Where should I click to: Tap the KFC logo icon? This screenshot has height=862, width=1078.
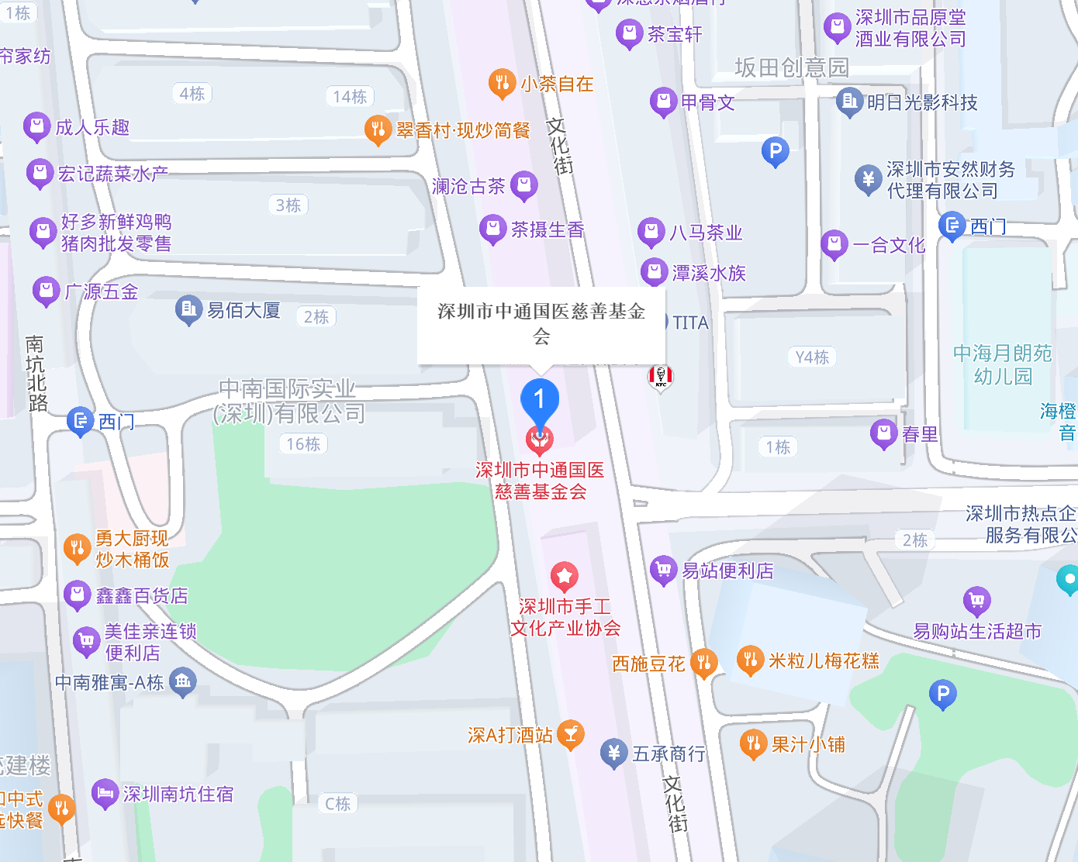(661, 377)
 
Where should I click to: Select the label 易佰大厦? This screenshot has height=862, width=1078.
(243, 311)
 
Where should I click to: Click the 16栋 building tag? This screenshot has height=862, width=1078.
(303, 444)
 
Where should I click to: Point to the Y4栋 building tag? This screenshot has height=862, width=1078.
(812, 357)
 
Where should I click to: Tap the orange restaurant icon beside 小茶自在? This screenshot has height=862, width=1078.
(502, 83)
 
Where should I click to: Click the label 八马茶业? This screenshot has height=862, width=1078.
(706, 233)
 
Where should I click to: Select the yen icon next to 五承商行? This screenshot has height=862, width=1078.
(613, 753)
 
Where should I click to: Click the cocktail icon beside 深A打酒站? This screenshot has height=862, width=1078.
(571, 734)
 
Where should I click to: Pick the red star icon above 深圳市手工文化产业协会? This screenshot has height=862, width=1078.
(565, 576)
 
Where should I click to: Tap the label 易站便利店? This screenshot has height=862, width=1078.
(727, 571)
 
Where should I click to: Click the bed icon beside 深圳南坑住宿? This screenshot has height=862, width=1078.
(105, 793)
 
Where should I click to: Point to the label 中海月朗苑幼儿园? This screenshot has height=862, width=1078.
(1003, 365)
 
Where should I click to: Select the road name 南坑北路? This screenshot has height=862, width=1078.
(36, 373)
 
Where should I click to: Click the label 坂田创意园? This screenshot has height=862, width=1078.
(791, 68)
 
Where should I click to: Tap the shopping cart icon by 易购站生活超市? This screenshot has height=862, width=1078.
(976, 601)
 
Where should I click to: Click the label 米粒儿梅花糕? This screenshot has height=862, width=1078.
(824, 661)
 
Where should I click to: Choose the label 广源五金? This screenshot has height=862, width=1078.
(102, 292)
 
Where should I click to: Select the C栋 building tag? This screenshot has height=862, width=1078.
(337, 804)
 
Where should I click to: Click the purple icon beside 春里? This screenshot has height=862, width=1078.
(883, 433)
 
